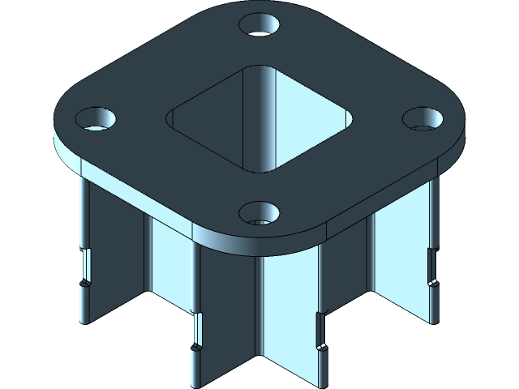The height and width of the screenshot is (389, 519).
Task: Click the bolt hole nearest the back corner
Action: pos(260,24)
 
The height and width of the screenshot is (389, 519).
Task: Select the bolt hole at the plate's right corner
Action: pos(422,118)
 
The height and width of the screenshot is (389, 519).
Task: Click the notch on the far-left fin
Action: pos(84,267)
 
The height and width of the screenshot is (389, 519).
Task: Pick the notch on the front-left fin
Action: pos(195,332)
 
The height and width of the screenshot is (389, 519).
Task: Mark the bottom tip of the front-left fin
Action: pos(195,384)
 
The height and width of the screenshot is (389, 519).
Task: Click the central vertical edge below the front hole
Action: pos(258,308)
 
